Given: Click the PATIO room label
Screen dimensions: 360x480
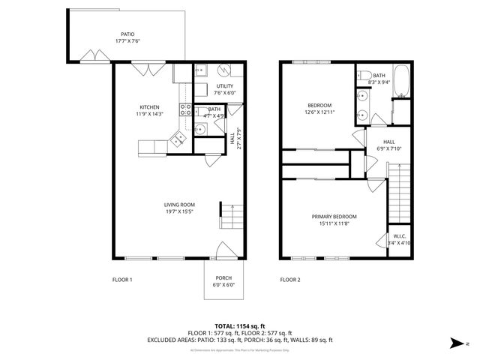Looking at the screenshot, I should coord(128,34).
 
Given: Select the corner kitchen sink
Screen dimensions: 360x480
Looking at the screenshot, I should coord(178,138).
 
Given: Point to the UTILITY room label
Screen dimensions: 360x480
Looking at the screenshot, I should coord(224,86).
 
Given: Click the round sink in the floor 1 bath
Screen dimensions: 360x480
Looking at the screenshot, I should coord(199,130).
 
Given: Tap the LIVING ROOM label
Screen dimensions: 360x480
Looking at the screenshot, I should coord(180,205).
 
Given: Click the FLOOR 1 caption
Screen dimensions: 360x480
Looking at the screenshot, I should coord(122,280).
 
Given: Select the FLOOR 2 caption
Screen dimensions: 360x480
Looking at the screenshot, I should coord(290,280).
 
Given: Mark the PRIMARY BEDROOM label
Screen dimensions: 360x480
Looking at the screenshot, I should coord(334,216).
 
